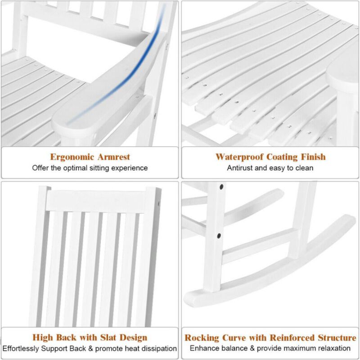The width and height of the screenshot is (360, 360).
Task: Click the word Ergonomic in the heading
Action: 72,157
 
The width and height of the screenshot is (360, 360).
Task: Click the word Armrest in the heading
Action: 112,157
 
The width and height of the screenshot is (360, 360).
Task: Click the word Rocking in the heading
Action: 202,337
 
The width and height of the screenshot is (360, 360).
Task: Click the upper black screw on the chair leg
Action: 221,185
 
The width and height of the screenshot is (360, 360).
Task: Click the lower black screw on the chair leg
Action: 219,235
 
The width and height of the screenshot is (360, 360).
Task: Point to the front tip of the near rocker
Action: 191,297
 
